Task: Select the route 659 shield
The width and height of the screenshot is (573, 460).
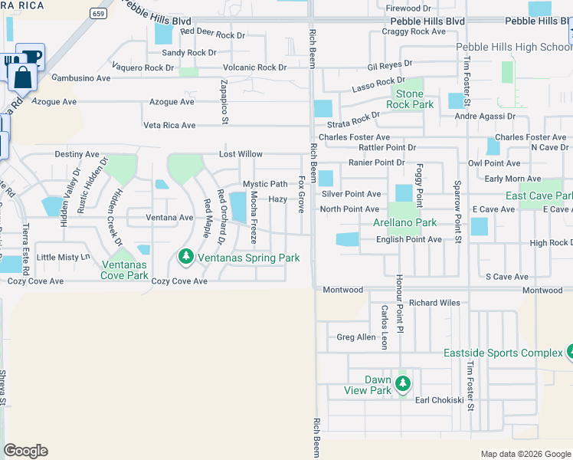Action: pyautogui.click(x=97, y=13)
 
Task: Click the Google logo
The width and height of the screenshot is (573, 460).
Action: pyautogui.click(x=25, y=451)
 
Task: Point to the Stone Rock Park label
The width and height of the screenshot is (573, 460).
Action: pyautogui.click(x=409, y=99)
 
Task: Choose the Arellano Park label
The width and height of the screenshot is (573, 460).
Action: pyautogui.click(x=404, y=222)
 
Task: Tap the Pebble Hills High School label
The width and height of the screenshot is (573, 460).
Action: pyautogui.click(x=514, y=47)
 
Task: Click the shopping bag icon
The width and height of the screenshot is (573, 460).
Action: pyautogui.click(x=21, y=76)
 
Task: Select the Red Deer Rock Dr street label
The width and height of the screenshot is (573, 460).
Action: pyautogui.click(x=213, y=34)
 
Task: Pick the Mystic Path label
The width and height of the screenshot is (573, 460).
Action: pyautogui.click(x=265, y=184)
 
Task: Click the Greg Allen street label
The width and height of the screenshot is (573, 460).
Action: pyautogui.click(x=356, y=337)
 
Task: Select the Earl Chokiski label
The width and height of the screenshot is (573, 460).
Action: pyautogui.click(x=439, y=400)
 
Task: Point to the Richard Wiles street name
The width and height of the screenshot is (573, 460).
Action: pyautogui.click(x=434, y=303)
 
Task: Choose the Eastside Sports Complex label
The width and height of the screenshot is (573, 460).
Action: pyautogui.click(x=503, y=353)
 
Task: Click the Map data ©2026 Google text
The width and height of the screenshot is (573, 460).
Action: pyautogui.click(x=526, y=454)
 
